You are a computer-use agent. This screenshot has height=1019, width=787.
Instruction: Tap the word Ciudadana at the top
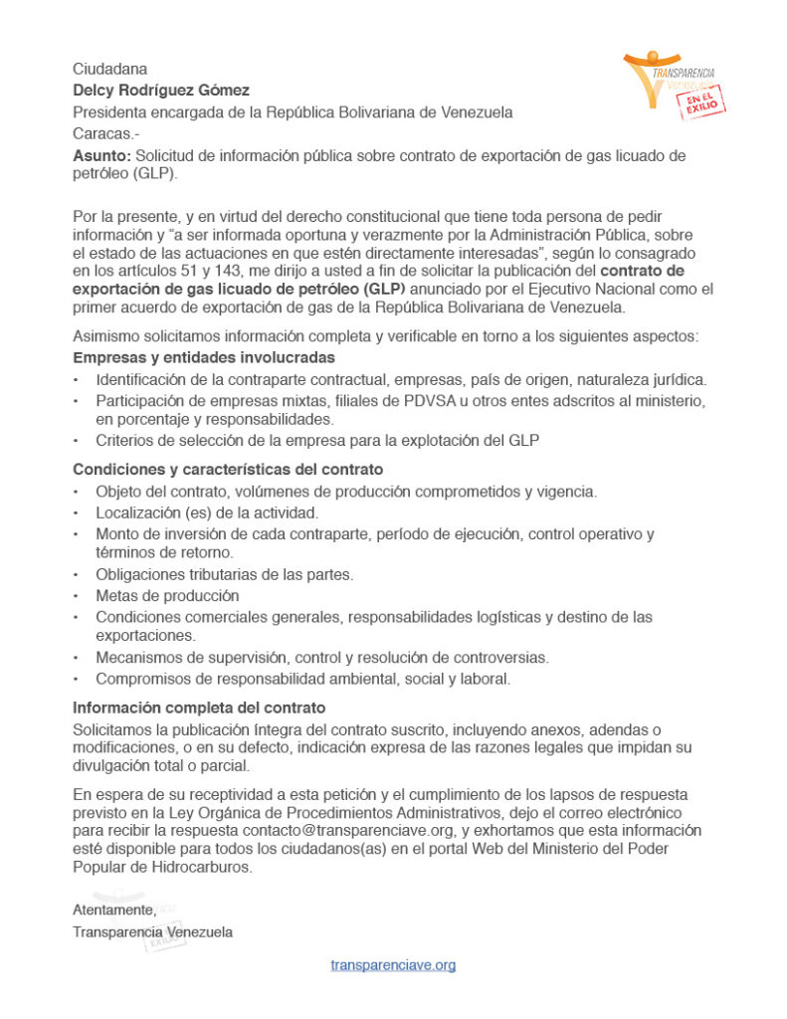[x=109, y=70]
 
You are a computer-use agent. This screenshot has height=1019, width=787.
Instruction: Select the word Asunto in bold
[x=100, y=156]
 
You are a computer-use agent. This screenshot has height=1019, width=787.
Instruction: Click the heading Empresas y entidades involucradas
[x=204, y=357]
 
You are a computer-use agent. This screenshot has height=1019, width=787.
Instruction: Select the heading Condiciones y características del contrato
[x=228, y=469]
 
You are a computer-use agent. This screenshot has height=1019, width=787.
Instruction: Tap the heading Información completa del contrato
[x=199, y=708]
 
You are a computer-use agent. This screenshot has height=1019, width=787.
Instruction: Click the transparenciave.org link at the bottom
[x=393, y=965]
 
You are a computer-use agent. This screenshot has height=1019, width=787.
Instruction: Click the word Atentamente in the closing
[x=113, y=910]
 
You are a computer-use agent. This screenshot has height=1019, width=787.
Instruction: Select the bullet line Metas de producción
[x=167, y=595]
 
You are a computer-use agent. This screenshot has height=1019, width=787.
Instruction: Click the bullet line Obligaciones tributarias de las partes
[x=225, y=574]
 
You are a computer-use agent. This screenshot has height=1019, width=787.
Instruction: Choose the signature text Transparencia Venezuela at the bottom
[x=152, y=932]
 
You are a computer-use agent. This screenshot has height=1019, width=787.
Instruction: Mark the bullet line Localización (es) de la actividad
[x=207, y=512]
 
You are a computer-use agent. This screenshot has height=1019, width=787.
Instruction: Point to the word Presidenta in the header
[x=109, y=112]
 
